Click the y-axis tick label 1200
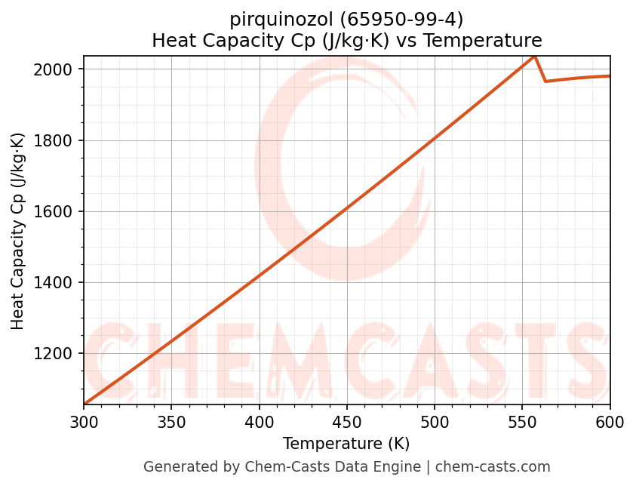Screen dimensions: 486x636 [57, 354]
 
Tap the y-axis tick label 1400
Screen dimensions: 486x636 [57, 283]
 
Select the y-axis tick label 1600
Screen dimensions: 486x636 [57, 211]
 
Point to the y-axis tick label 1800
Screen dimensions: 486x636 [57, 140]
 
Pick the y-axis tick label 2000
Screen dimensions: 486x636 [57, 69]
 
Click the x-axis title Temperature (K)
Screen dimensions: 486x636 [346, 444]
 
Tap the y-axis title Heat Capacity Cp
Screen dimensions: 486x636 [18, 231]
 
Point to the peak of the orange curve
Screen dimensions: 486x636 [534, 56]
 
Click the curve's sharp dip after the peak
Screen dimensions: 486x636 [545, 81]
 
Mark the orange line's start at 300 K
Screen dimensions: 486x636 [84, 404]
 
